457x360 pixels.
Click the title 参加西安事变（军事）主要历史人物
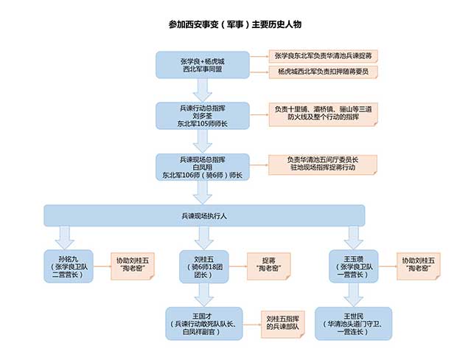click(228, 24)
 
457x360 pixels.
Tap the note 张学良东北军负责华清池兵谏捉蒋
click(322, 56)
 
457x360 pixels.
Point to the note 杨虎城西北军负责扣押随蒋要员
click(322, 72)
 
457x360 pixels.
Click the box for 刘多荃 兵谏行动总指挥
click(202, 115)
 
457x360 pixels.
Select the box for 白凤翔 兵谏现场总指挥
click(202, 167)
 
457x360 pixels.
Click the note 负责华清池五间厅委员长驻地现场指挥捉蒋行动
click(322, 164)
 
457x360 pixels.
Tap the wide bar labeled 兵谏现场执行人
click(204, 215)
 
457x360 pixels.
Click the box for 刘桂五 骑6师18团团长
click(204, 265)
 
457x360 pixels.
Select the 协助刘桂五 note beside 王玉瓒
click(418, 265)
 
